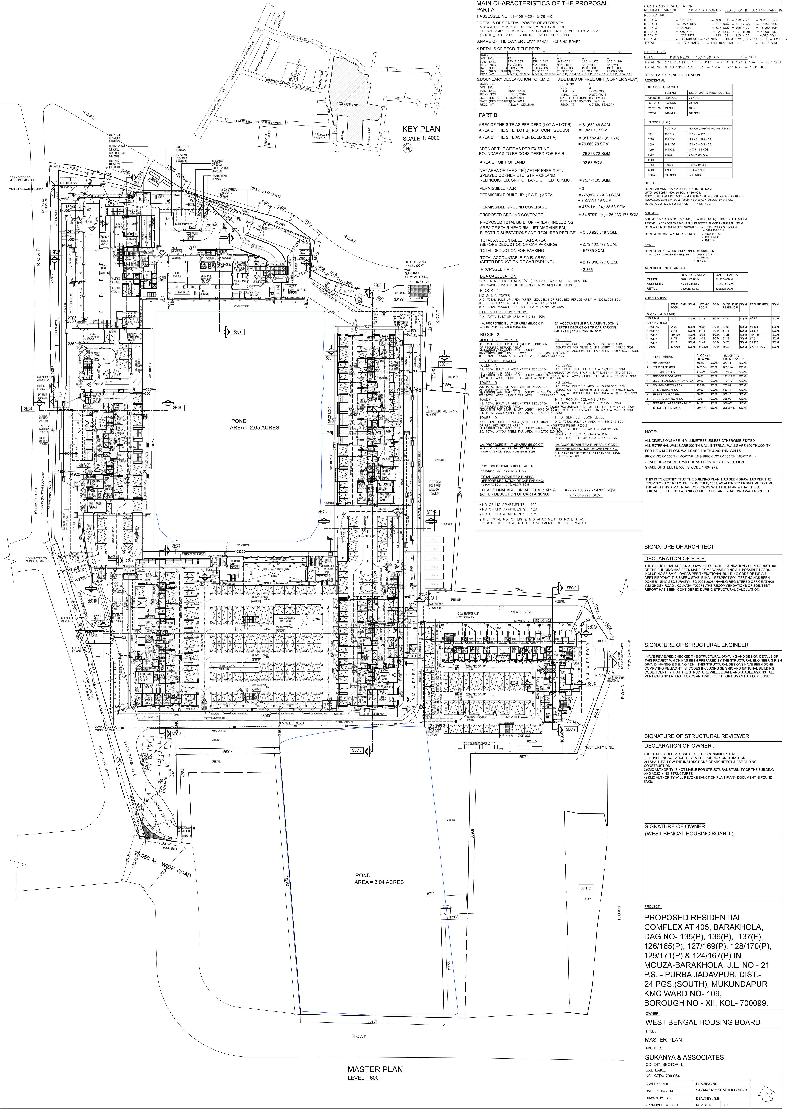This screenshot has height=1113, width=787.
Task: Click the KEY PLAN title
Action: click(421, 129)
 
